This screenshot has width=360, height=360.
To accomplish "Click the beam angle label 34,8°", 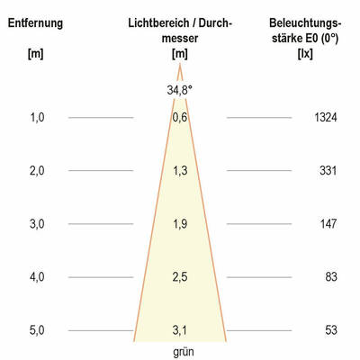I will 180,90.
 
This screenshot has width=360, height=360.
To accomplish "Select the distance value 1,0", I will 36,118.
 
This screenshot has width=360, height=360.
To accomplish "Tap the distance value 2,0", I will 36,171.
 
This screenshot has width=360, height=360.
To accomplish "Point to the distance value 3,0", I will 36,224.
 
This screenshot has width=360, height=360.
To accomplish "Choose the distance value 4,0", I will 36,277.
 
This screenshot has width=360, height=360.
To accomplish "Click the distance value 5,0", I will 36,330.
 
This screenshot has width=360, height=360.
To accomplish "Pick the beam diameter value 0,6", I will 180,118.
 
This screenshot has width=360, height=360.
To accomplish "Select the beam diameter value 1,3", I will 180,171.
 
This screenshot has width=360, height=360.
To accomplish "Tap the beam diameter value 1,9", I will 180,224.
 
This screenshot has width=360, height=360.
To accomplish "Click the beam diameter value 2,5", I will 180,277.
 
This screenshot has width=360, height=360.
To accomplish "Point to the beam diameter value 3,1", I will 180,330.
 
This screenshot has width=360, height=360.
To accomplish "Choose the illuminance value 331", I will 328,171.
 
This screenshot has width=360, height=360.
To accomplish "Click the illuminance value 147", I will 328,224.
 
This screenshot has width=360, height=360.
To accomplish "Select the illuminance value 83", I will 330,277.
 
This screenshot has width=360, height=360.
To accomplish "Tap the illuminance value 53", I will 330,330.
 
